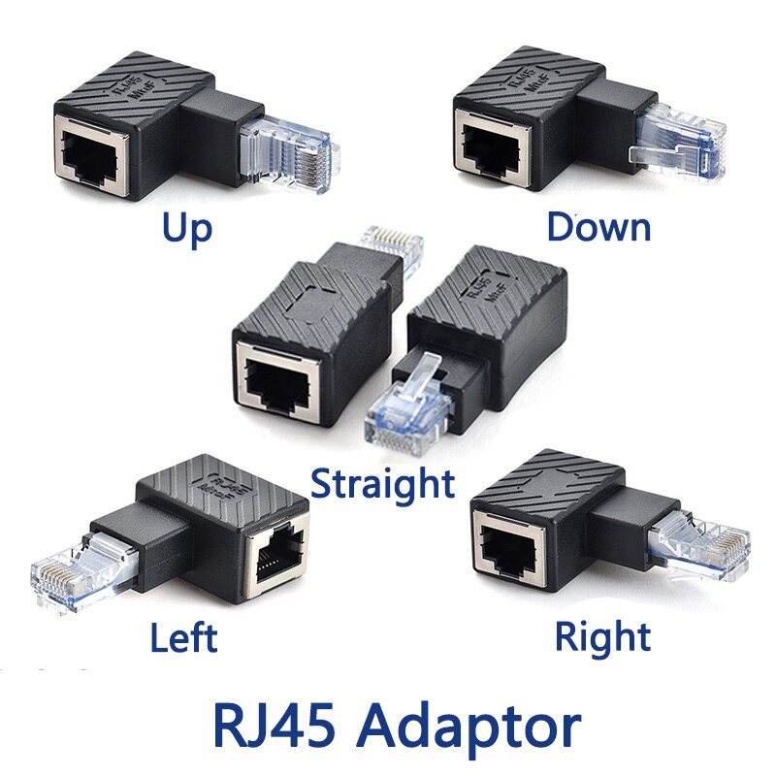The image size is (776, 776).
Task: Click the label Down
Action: [598, 227]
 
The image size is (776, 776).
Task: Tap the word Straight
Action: [382, 482]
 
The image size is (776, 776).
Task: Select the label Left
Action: [183, 637]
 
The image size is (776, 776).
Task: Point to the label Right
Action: [602, 637]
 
